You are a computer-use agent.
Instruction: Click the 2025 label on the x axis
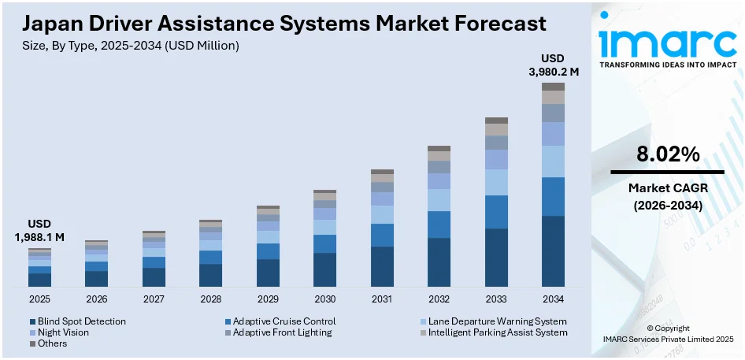pos(39,299)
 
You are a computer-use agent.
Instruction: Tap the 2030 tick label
pos(324,299)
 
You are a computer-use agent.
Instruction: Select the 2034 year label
pos(553,299)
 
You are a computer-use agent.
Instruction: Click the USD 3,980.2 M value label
pos(553,65)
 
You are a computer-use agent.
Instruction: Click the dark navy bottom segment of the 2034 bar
pos(553,251)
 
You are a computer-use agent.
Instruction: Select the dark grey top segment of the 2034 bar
pos(553,87)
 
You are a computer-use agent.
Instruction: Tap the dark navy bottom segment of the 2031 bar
pos(382,266)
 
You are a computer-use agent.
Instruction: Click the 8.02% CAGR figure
pos(667,154)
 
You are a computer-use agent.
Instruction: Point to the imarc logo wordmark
pos(665,41)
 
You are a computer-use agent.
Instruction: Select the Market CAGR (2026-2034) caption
pos(667,196)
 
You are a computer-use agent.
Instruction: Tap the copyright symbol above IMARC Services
pos(650,328)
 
